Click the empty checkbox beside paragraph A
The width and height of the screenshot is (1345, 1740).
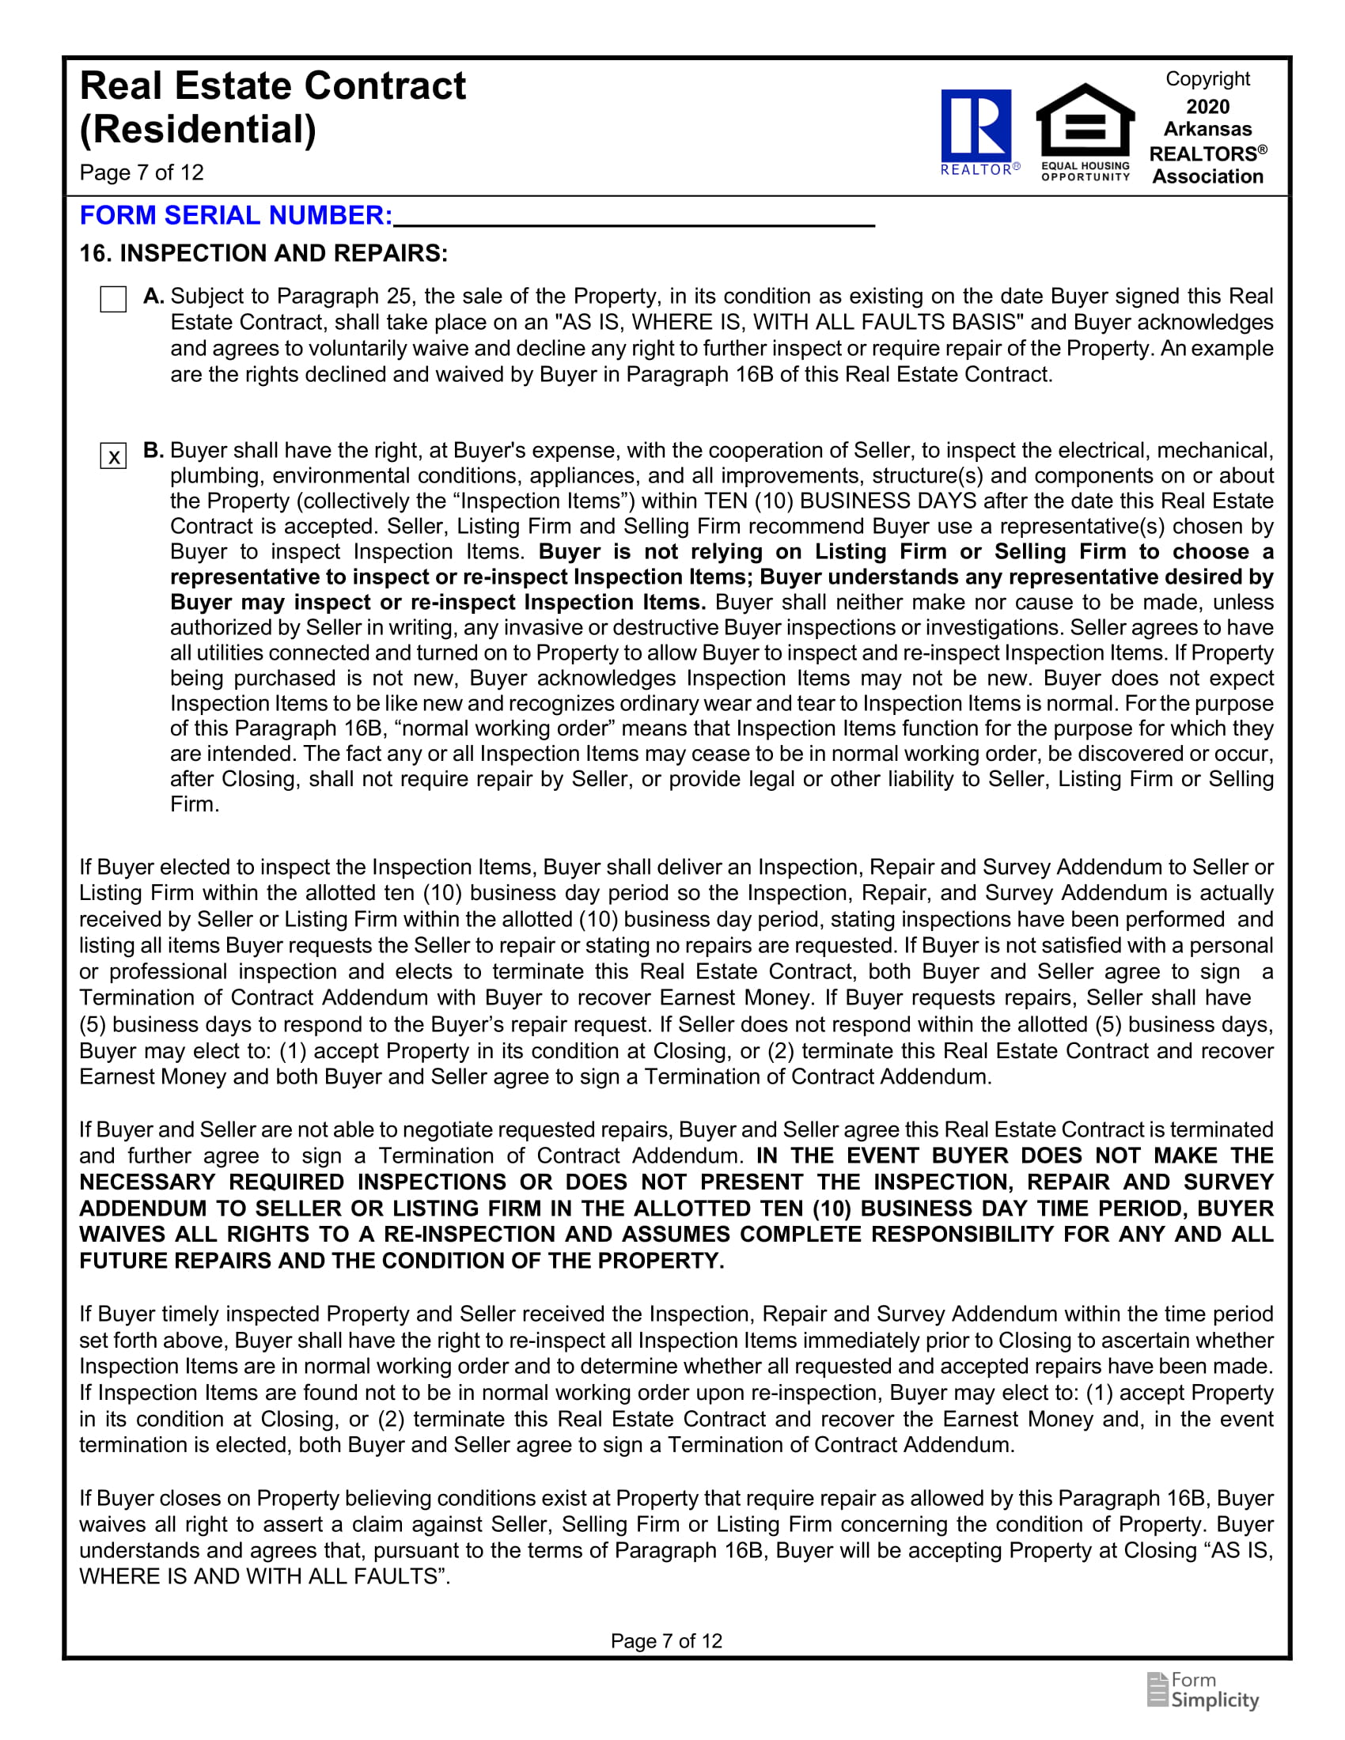coord(113,299)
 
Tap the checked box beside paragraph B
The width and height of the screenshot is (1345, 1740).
coord(113,456)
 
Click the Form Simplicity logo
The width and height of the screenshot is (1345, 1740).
coord(1203,1691)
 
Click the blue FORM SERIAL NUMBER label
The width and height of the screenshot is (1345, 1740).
coord(236,215)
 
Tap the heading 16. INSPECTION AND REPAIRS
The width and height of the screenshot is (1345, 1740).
coord(263,253)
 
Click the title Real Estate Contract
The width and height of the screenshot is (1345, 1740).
coord(272,86)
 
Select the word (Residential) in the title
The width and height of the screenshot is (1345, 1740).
coord(198,129)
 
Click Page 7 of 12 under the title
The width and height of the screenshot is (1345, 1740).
coord(142,173)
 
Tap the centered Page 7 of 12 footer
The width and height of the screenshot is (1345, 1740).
coord(666,1640)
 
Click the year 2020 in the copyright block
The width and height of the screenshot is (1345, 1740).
coord(1207,107)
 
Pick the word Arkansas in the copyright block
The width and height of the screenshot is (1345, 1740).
coord(1207,129)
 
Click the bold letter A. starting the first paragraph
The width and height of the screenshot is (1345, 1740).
coord(153,297)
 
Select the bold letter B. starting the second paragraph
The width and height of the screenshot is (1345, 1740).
coord(153,450)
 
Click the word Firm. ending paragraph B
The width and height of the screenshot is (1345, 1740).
coord(195,804)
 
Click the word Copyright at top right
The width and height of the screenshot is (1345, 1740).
coord(1207,79)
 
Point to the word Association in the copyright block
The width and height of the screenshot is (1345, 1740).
coord(1207,177)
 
